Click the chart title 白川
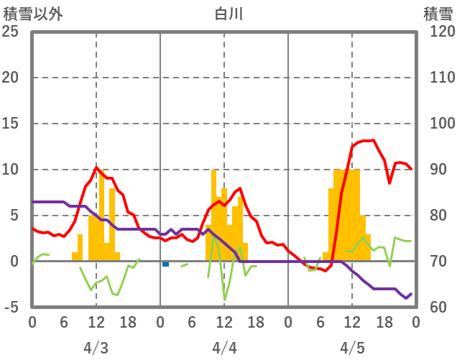tap(224, 13)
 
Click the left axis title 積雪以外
tap(29, 13)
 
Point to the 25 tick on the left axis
tap(11, 32)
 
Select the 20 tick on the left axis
tap(11, 78)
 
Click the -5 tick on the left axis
tap(11, 308)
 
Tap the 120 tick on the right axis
tap(436, 32)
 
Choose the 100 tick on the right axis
tap(436, 124)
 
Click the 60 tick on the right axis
tap(433, 308)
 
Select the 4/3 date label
tap(96, 348)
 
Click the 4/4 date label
tap(224, 348)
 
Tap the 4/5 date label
tap(352, 348)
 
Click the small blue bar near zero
tap(165, 264)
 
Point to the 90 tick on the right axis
tap(433, 170)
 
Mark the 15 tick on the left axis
tap(11, 124)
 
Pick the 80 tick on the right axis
tap(433, 216)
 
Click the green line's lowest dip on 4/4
tap(224, 300)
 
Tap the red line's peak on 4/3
tap(96, 168)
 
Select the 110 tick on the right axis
tap(436, 78)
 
